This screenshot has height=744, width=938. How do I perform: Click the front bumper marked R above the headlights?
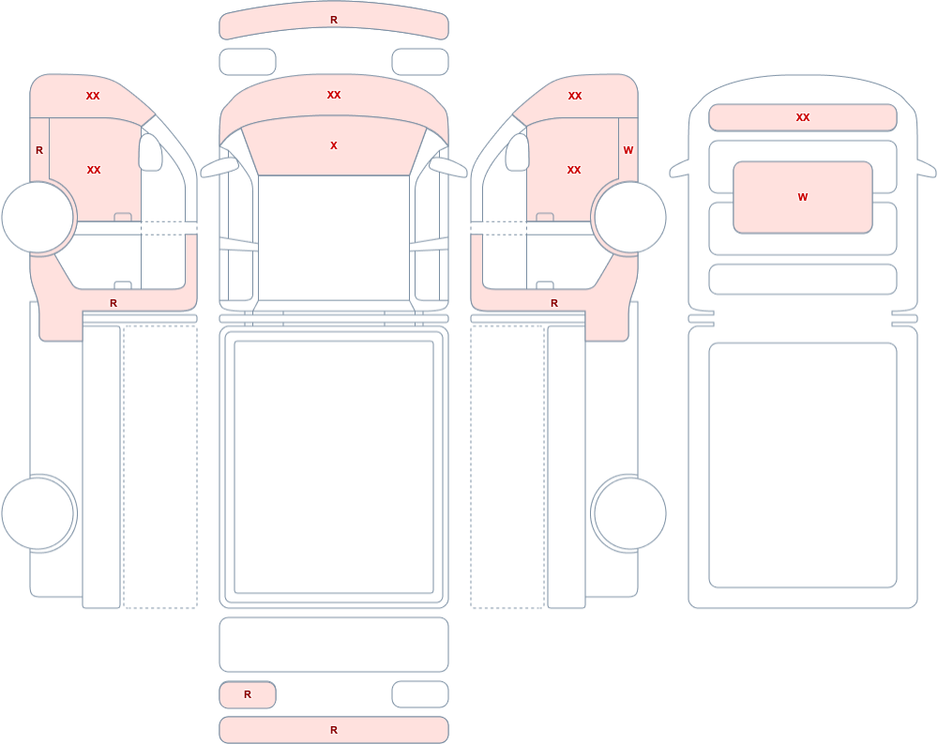pyautogui.click(x=334, y=21)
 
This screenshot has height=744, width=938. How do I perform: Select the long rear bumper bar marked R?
pyautogui.click(x=334, y=730)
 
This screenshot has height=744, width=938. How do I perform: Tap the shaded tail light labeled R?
pyautogui.click(x=248, y=694)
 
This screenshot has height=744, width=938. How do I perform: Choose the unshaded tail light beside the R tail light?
pyautogui.click(x=420, y=694)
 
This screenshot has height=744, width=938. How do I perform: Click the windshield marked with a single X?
pyautogui.click(x=334, y=146)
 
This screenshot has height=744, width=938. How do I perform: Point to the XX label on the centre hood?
pyautogui.click(x=334, y=95)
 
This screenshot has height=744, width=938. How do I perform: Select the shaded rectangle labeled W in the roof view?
pyautogui.click(x=803, y=197)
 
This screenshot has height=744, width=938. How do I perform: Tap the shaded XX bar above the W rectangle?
pyautogui.click(x=803, y=117)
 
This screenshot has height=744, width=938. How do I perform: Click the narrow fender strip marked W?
pyautogui.click(x=628, y=149)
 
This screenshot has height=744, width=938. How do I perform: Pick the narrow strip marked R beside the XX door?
pyautogui.click(x=39, y=149)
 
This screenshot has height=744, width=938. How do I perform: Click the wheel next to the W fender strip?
pyautogui.click(x=628, y=217)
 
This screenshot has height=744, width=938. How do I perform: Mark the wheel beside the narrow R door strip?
pyautogui.click(x=39, y=217)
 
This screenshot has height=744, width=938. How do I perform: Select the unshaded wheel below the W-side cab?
pyautogui.click(x=628, y=513)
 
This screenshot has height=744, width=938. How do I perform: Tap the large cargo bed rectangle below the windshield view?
pyautogui.click(x=334, y=467)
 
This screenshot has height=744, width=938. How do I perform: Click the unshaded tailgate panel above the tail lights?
pyautogui.click(x=334, y=645)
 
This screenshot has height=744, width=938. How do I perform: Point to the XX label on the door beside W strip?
pyautogui.click(x=574, y=170)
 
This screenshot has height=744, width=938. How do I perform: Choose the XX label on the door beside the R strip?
pyautogui.click(x=94, y=170)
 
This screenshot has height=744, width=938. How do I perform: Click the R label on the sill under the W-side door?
pyautogui.click(x=554, y=303)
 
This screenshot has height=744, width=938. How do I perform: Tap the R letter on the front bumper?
pyautogui.click(x=334, y=20)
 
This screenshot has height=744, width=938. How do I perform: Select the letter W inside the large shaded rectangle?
pyautogui.click(x=803, y=197)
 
